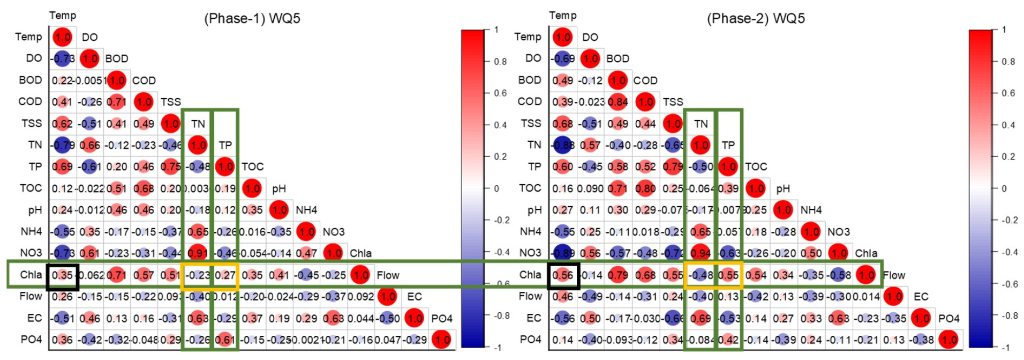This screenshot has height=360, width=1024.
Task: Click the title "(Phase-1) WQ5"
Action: (x=252, y=18)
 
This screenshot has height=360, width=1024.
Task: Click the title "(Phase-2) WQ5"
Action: (x=755, y=18)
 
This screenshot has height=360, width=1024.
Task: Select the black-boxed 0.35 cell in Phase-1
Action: (x=63, y=275)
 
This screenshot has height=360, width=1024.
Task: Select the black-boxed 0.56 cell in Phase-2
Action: (x=562, y=275)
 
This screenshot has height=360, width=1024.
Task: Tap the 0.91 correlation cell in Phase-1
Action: (x=198, y=253)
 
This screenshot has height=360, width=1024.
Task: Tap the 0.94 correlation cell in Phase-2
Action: (x=700, y=253)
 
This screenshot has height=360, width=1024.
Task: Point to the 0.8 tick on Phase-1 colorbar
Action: (x=500, y=62)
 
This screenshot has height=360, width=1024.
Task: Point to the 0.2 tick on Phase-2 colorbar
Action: (x=1008, y=156)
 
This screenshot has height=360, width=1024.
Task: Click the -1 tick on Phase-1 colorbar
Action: (x=497, y=347)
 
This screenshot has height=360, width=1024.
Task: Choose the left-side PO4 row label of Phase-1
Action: (x=31, y=340)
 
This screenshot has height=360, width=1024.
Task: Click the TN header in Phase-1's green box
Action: (x=198, y=124)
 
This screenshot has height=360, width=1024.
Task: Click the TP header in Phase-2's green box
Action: (x=728, y=145)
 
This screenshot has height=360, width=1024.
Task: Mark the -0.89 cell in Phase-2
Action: (x=562, y=253)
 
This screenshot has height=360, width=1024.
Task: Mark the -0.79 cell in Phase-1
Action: (x=63, y=145)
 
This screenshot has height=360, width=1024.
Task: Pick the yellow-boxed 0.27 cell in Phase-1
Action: (x=225, y=275)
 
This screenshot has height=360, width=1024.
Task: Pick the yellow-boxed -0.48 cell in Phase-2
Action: (x=700, y=275)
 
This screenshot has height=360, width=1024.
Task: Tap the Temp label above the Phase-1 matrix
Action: (x=63, y=16)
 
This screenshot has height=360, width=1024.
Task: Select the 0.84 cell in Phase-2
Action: (x=618, y=102)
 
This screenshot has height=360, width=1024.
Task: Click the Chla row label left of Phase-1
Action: (x=31, y=275)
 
